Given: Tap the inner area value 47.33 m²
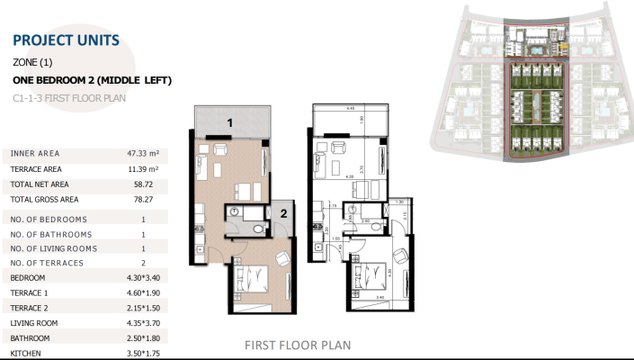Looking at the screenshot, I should click(143, 154).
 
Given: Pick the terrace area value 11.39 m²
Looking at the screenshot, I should click(143, 169).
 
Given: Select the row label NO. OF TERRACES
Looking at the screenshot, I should click(49, 263).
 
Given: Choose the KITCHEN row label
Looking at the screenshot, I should click(27, 354).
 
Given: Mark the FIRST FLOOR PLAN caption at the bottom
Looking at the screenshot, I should click(298, 345).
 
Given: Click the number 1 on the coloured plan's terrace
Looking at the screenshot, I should click(230, 121).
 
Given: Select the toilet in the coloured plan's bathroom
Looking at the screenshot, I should click(259, 229).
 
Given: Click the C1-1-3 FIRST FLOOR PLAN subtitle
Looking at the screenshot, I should click(69, 97).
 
